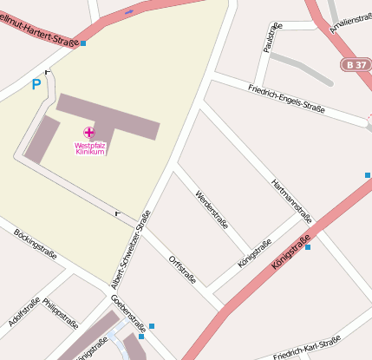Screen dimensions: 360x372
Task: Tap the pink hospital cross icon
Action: coord(88,133)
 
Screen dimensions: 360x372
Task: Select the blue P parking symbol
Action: coord(36,84)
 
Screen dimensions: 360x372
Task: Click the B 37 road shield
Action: coord(354,65)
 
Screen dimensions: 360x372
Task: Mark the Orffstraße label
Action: coord(182,269)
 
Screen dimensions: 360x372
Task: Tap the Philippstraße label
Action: coord(61,315)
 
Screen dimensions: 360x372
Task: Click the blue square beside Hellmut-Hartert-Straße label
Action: coord(83,43)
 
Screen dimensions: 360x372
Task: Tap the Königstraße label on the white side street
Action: coord(254,253)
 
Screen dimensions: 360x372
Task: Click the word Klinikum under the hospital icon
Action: coord(90,153)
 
